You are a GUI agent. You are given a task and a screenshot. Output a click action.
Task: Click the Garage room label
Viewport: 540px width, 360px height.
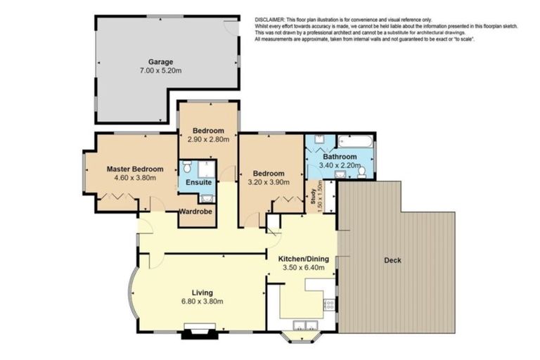(x=160, y=62)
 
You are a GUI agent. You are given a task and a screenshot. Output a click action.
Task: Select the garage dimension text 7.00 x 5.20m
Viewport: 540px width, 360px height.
(x=160, y=71)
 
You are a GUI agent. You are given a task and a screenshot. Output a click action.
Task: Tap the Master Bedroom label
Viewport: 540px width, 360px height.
(x=135, y=169)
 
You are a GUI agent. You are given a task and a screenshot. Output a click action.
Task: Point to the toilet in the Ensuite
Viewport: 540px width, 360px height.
(x=186, y=167)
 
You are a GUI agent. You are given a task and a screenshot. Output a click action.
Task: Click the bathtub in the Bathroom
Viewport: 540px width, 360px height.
(x=356, y=140)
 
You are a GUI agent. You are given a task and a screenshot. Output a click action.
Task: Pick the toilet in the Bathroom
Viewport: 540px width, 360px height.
(x=362, y=171)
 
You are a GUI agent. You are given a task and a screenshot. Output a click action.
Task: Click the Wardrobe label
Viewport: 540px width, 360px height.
(x=195, y=211)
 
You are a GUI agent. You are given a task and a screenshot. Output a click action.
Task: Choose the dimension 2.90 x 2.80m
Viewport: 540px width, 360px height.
(x=209, y=140)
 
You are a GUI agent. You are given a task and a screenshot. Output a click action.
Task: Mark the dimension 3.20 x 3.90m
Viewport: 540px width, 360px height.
(x=268, y=182)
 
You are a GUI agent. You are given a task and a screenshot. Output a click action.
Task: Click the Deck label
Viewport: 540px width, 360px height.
(x=392, y=260)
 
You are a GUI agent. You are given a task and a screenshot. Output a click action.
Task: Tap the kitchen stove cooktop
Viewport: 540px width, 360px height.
(x=328, y=304)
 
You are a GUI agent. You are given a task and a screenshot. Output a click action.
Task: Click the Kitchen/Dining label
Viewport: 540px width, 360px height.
(x=303, y=258)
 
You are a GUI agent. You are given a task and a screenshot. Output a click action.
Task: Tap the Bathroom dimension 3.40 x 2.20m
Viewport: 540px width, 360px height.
(x=340, y=165)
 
